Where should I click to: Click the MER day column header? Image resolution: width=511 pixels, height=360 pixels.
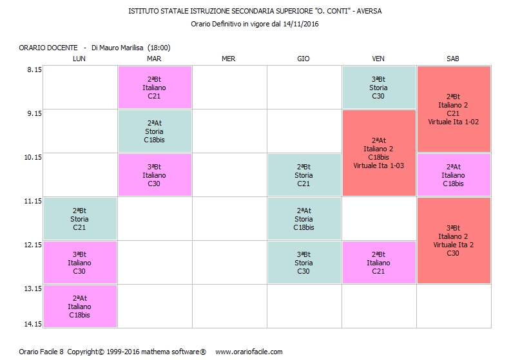(228, 59)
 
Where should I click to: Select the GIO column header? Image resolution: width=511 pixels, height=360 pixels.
(304, 59)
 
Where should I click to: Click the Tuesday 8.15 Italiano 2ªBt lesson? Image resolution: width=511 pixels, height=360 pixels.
(155, 87)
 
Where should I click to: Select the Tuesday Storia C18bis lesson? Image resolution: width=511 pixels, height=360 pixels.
(155, 131)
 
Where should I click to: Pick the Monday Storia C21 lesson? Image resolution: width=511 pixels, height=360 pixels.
(80, 219)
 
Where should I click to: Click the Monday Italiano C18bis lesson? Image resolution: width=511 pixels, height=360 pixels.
(80, 307)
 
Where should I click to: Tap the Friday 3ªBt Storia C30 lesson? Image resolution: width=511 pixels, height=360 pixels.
(379, 87)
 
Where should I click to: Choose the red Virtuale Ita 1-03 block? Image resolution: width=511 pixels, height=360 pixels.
(379, 153)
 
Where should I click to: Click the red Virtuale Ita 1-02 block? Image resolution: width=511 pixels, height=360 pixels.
(454, 109)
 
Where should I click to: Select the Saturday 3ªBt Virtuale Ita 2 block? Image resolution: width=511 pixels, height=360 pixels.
(454, 241)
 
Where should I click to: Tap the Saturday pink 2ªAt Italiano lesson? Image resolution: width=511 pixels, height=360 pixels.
(454, 175)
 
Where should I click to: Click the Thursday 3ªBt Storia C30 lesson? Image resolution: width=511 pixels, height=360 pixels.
(304, 263)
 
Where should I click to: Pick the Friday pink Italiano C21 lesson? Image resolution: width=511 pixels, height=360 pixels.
(379, 263)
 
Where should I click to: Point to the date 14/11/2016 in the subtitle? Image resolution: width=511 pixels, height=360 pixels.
(301, 24)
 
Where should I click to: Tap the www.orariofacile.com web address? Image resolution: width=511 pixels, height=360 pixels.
(249, 352)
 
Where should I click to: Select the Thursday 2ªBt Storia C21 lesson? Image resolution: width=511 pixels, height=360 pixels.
(304, 175)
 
